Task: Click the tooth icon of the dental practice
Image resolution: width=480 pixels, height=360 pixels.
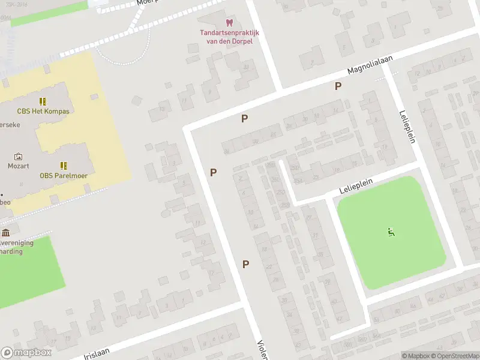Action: pos(228,22)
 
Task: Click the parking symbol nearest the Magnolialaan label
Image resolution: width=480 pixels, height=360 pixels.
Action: pos(338,86)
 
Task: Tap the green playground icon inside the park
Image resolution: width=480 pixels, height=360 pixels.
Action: pos(391,232)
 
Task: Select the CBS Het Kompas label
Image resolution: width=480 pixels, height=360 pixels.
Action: pos(43,112)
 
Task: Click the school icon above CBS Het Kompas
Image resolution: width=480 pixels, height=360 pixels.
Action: pos(43,101)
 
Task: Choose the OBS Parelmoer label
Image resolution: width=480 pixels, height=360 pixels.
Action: pos(63,176)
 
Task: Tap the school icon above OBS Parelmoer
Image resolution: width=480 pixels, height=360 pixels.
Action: pos(63,166)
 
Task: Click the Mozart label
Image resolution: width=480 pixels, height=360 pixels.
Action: pos(18,166)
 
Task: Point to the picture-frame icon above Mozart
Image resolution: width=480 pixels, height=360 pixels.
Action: pos(18,156)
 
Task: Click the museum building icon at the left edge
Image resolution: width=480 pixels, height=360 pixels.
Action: pos(5,233)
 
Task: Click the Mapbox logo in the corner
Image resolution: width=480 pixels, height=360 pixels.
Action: pos(25,353)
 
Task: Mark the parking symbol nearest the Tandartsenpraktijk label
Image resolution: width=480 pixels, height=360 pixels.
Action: pos(244,119)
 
